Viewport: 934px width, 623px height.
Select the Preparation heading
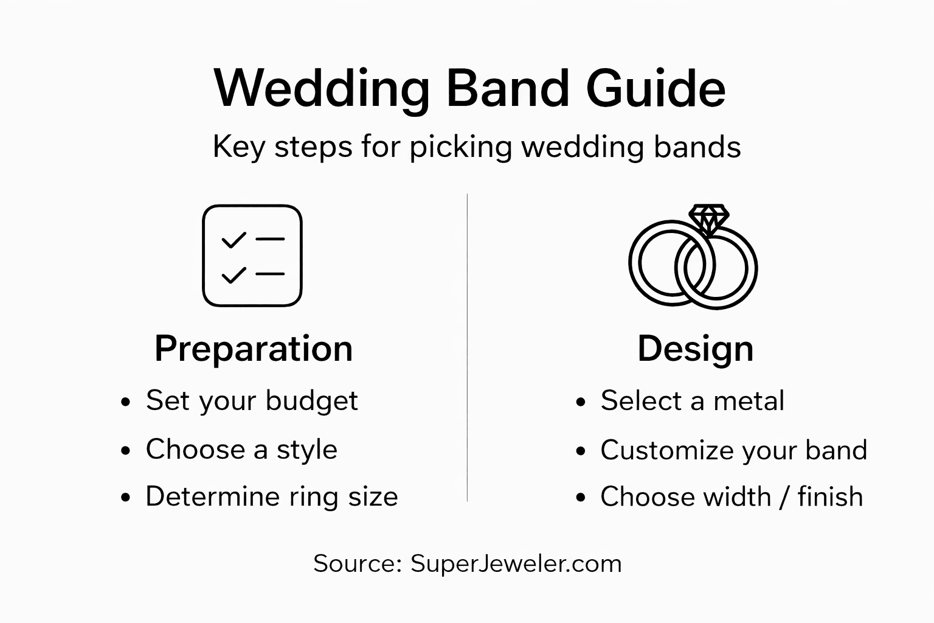pyautogui.click(x=254, y=349)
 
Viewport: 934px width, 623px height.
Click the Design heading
pyautogui.click(x=695, y=349)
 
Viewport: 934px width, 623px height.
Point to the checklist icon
pyautogui.click(x=252, y=256)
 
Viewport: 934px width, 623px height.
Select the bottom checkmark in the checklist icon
pyautogui.click(x=233, y=275)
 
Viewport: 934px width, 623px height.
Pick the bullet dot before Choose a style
pyautogui.click(x=126, y=451)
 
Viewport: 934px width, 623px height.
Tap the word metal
pyautogui.click(x=749, y=402)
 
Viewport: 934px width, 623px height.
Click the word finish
pyautogui.click(x=830, y=496)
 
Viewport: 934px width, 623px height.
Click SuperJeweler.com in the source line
pyautogui.click(x=516, y=563)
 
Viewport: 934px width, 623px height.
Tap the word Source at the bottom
pyautogui.click(x=356, y=563)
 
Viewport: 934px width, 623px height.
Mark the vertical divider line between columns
pyautogui.click(x=467, y=347)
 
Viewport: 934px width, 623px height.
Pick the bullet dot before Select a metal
pyautogui.click(x=581, y=402)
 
